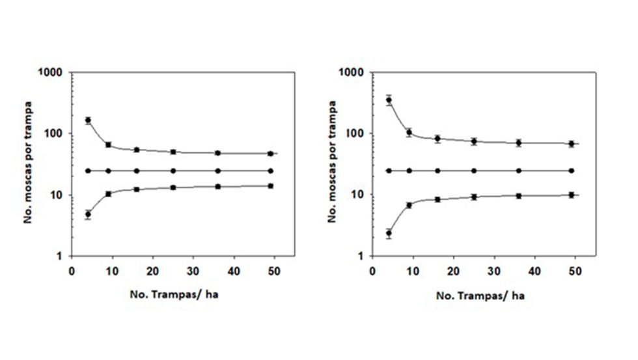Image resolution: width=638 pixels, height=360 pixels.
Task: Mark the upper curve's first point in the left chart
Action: (88, 120)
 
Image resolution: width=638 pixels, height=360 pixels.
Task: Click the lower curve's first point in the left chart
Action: (88, 214)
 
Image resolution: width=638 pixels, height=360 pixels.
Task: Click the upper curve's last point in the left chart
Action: (271, 154)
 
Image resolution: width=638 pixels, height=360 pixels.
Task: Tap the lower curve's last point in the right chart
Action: (571, 195)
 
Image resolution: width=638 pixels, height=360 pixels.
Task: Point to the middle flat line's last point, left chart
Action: (271, 171)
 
